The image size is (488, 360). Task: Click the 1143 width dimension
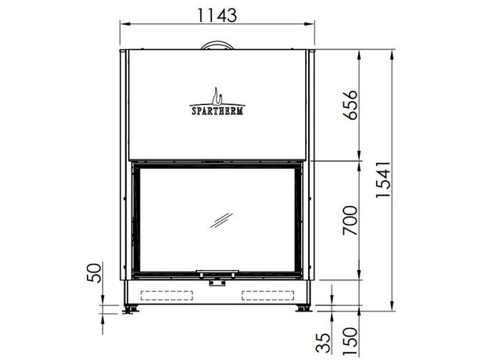point(217,15)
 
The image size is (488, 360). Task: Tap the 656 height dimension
point(350,105)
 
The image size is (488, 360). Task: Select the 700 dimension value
point(350,220)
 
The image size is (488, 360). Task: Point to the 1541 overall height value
point(383,179)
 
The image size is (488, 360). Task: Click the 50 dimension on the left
point(95,273)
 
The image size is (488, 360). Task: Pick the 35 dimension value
point(323,343)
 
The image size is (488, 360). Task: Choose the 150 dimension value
point(350,341)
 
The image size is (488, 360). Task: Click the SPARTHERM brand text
point(217,111)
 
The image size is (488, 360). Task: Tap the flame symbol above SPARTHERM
point(217,96)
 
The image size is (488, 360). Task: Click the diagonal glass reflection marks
point(221,220)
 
